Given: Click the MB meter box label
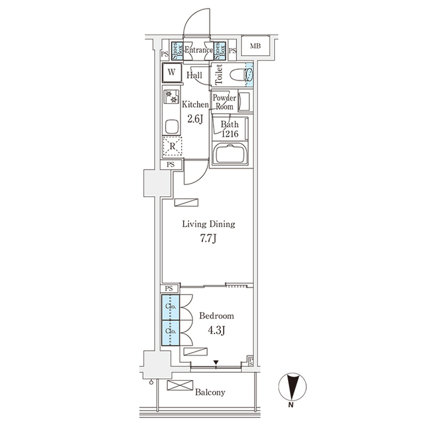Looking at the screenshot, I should click(x=255, y=46).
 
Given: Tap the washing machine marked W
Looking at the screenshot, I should click(x=172, y=73).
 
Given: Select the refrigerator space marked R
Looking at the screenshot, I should click(x=172, y=145).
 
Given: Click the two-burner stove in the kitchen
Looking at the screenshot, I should click(x=171, y=97).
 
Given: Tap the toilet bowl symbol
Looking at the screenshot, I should click(x=234, y=75).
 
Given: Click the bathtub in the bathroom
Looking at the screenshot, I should click(x=230, y=156).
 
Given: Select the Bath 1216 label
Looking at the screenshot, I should click(x=230, y=128).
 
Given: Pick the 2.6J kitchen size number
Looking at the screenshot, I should click(x=194, y=119).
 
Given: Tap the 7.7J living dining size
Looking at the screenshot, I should click(x=208, y=239).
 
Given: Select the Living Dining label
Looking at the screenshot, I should click(x=208, y=224).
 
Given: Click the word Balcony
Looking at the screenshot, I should click(x=210, y=392).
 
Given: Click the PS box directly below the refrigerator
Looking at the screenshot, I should click(x=171, y=164).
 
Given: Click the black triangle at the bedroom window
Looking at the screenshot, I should click(x=216, y=363).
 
